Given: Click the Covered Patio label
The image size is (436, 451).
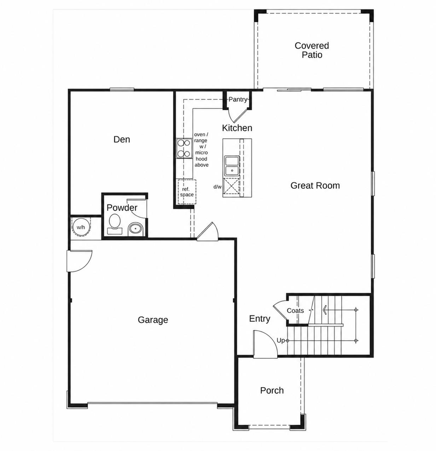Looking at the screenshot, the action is click(x=312, y=50).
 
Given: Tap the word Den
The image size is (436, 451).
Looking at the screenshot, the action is click(x=122, y=139).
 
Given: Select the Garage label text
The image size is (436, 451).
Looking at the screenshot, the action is click(x=153, y=320).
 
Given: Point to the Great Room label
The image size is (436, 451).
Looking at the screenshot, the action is click(x=315, y=186).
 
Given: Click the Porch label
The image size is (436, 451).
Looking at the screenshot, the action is click(x=272, y=390).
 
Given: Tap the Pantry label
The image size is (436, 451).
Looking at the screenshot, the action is click(x=238, y=99).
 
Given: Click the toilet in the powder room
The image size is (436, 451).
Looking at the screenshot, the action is click(x=114, y=224).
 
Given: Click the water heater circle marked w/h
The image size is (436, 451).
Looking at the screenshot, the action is click(x=81, y=227).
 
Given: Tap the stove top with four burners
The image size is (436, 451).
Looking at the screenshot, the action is click(x=184, y=148).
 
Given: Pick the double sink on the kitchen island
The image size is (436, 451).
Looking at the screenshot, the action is click(x=232, y=166).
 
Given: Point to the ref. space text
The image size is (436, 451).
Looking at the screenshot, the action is click(x=187, y=192).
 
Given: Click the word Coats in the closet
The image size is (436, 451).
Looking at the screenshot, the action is click(x=295, y=311).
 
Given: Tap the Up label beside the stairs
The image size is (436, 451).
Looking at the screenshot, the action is click(x=281, y=340).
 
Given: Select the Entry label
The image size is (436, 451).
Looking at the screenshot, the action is click(x=260, y=319).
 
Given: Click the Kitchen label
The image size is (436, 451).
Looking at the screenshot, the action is click(x=237, y=128).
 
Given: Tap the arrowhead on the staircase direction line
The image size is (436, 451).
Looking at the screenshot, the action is click(x=325, y=310).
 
